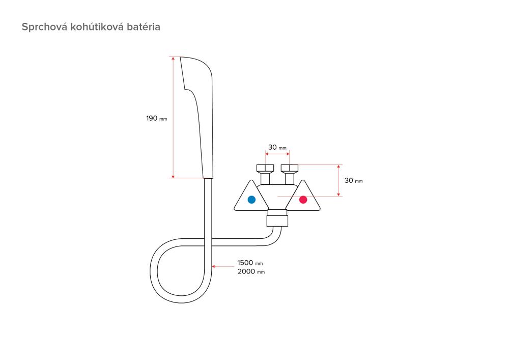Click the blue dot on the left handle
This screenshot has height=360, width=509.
tap(251, 200)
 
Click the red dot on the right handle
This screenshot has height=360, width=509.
tap(303, 200)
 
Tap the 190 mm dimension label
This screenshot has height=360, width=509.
tap(156, 118)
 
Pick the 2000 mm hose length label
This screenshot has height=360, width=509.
tap(250, 272)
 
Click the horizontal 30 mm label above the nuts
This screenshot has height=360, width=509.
tap(277, 148)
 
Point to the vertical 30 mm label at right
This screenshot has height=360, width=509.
tap(353, 181)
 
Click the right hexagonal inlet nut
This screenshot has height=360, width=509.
tap(290, 169)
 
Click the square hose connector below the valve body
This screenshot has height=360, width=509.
tap(278, 220)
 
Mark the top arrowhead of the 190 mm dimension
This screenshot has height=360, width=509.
tap(173, 59)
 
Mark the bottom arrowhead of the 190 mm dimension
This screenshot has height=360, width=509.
tap(173, 176)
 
